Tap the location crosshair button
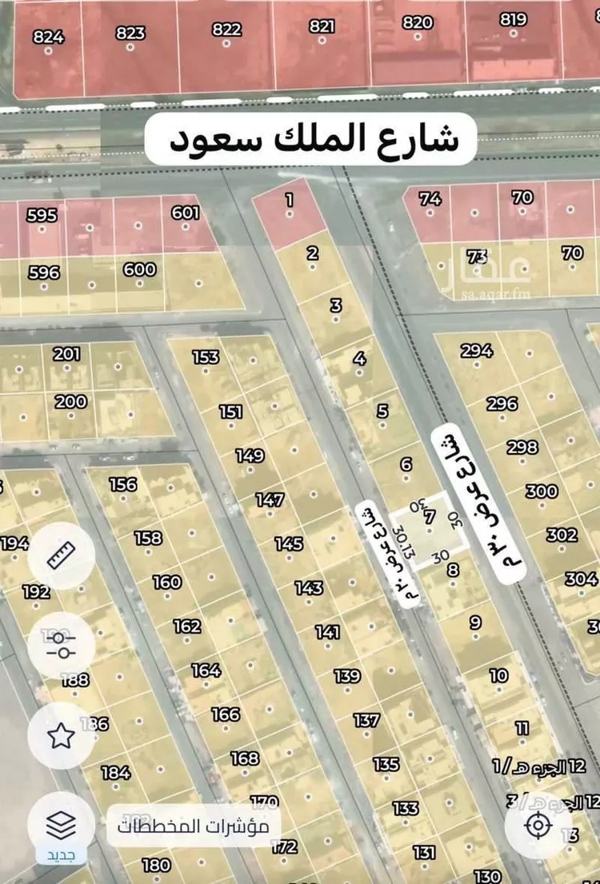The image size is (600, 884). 538,825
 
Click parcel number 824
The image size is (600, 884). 49,37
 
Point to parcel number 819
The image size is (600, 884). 514,20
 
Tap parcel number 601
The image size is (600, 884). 185,213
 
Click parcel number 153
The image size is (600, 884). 206,356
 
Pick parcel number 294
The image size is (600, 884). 477,350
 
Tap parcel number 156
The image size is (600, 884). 123,484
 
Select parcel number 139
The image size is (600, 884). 347,676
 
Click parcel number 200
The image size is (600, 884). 71,401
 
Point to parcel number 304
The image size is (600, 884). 581,579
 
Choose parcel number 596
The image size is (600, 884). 44,273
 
